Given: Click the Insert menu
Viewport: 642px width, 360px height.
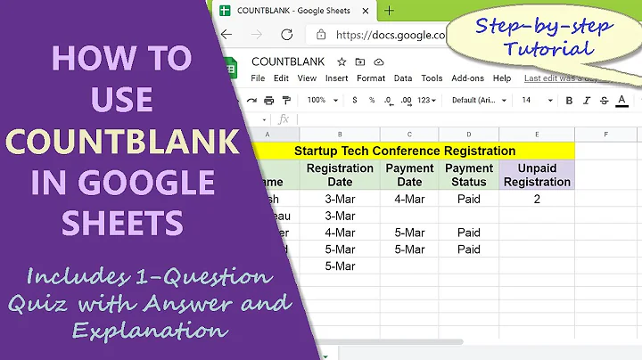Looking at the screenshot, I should coord(336,78).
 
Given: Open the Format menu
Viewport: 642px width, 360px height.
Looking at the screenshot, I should coord(371,78).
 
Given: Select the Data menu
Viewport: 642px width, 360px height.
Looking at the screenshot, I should coord(403,78).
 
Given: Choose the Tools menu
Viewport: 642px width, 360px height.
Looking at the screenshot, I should coord(432,78).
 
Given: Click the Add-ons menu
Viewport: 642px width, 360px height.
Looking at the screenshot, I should coord(466,78).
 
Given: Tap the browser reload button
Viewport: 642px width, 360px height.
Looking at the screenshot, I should coord(286,35).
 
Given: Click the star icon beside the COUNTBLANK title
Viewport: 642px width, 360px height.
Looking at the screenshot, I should coord(342,61).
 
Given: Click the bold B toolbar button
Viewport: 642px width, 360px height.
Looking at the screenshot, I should coord(570,101).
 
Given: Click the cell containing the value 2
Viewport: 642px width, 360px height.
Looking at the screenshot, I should coord(538,199).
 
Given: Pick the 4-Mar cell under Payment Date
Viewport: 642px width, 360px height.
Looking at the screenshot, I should coord(409,199).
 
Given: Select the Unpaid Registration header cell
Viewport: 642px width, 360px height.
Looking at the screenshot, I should coord(538,175).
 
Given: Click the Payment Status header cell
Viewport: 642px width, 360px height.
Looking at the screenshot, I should coord(469,175).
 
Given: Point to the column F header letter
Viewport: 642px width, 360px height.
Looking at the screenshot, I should coord(606,134).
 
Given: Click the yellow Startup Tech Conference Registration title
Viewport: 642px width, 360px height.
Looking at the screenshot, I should coord(405,151).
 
